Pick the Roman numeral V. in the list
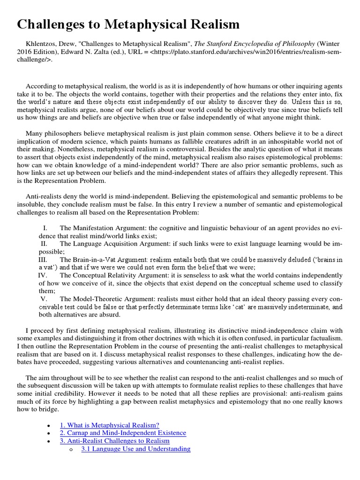[x=44, y=299]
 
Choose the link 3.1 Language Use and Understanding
[x=135, y=449]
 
